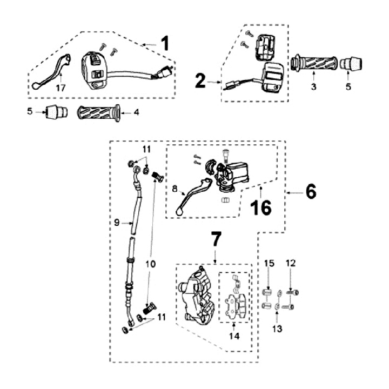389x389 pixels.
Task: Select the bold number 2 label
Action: tap(200, 82)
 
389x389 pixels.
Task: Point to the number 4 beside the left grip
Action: tap(137, 112)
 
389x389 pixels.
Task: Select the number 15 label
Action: tap(270, 263)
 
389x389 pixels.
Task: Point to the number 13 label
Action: tap(277, 327)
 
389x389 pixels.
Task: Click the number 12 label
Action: tap(291, 263)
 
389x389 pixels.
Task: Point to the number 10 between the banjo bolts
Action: tap(151, 264)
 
